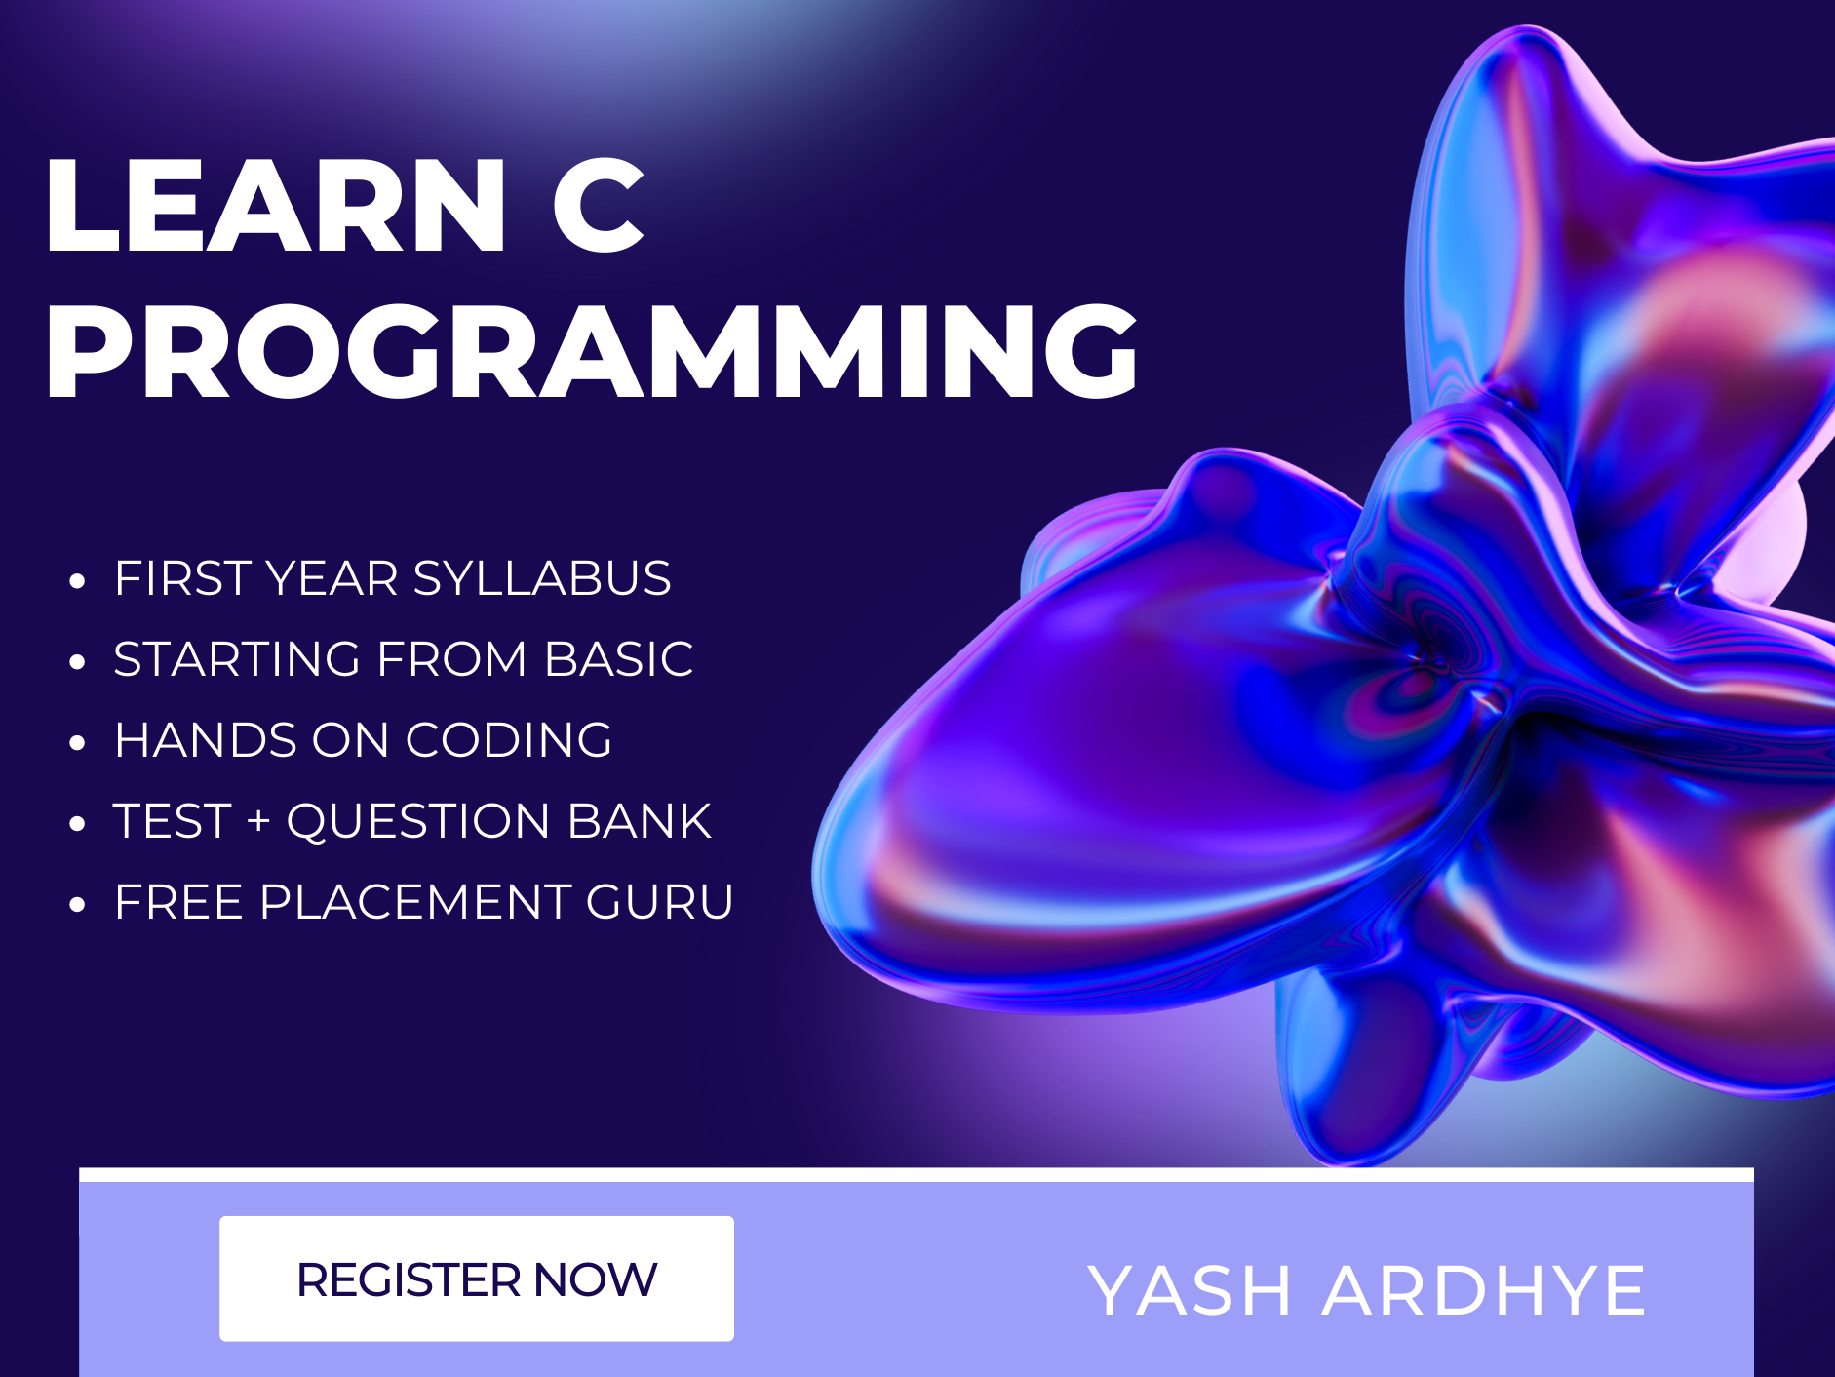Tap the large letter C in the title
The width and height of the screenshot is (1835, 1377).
pyautogui.click(x=598, y=207)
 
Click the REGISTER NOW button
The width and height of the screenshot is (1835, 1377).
pyautogui.click(x=476, y=1279)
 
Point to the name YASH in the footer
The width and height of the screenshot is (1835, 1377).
pyautogui.click(x=1190, y=1290)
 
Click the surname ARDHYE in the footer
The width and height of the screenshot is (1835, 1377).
pyautogui.click(x=1483, y=1290)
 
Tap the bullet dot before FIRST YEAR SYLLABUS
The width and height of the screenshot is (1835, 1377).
pyautogui.click(x=78, y=582)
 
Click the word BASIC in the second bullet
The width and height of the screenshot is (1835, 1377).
pyautogui.click(x=618, y=659)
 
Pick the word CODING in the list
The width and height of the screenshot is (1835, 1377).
pyautogui.click(x=508, y=740)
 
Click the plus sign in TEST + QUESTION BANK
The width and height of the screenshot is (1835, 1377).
pyautogui.click(x=258, y=821)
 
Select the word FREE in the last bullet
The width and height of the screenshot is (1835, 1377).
pyautogui.click(x=178, y=902)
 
